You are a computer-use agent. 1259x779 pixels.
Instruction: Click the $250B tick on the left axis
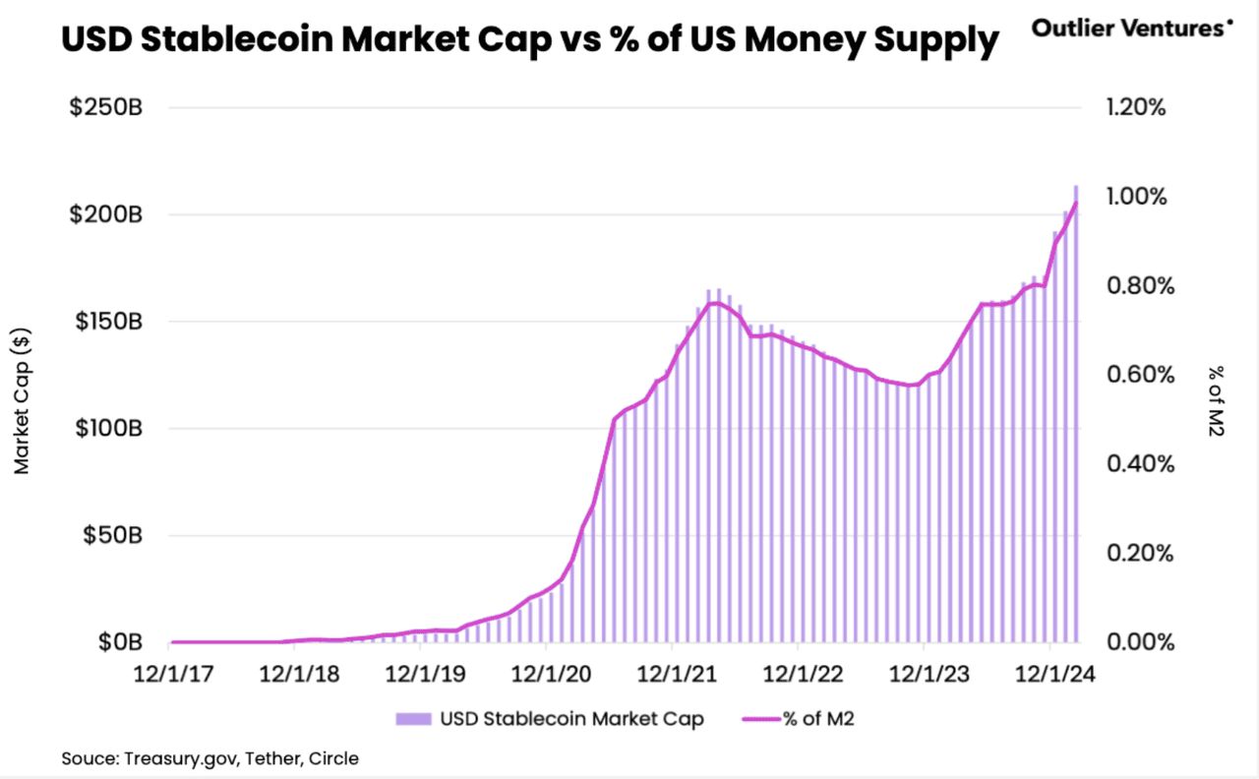point(107,107)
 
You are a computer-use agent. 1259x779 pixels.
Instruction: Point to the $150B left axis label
point(107,322)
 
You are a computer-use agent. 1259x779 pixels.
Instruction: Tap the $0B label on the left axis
point(119,642)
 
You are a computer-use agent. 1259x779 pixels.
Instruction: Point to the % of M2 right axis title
point(1216,401)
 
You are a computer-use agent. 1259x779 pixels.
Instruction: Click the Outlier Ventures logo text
point(1129,28)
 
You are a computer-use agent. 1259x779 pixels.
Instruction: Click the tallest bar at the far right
point(1076,413)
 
